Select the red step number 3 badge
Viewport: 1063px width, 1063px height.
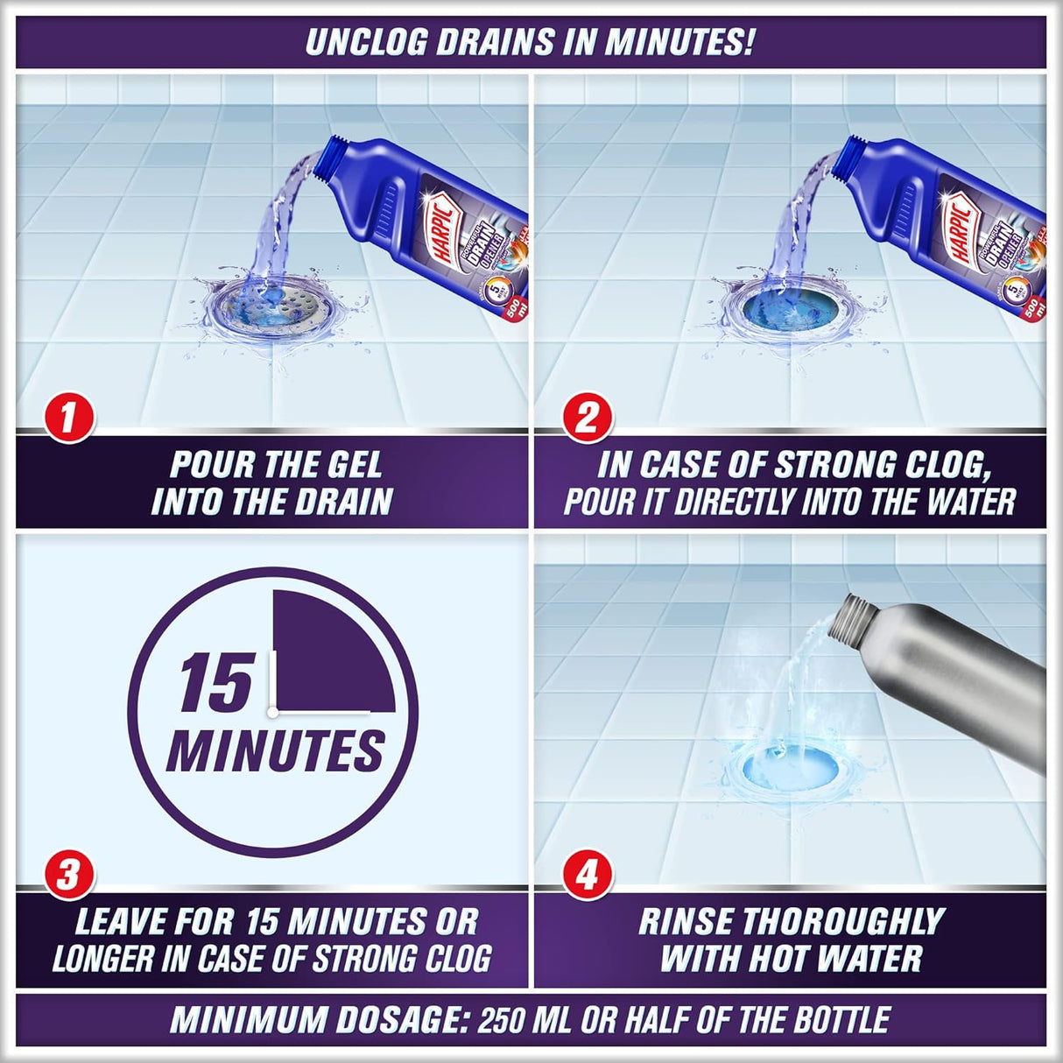(x=67, y=874)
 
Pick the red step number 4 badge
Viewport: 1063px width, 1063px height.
(x=586, y=874)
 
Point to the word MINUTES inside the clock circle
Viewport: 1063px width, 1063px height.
(x=275, y=751)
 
